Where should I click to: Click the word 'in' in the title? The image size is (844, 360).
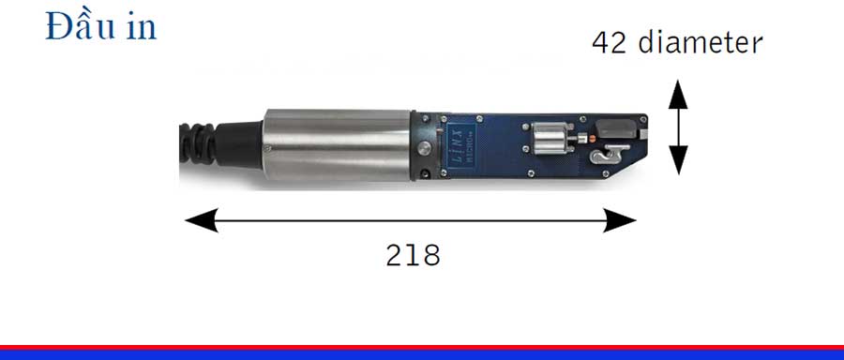tap(141, 28)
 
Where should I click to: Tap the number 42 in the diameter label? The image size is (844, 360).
tap(610, 42)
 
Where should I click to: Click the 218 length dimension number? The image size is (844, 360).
tap(413, 254)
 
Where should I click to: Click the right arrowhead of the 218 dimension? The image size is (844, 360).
tap(622, 221)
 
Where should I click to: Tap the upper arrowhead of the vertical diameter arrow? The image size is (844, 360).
tap(679, 94)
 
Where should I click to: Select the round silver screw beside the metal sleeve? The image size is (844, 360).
tap(426, 151)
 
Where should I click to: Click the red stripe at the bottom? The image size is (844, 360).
tap(422, 347)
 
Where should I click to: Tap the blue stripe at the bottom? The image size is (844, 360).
tap(422, 355)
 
